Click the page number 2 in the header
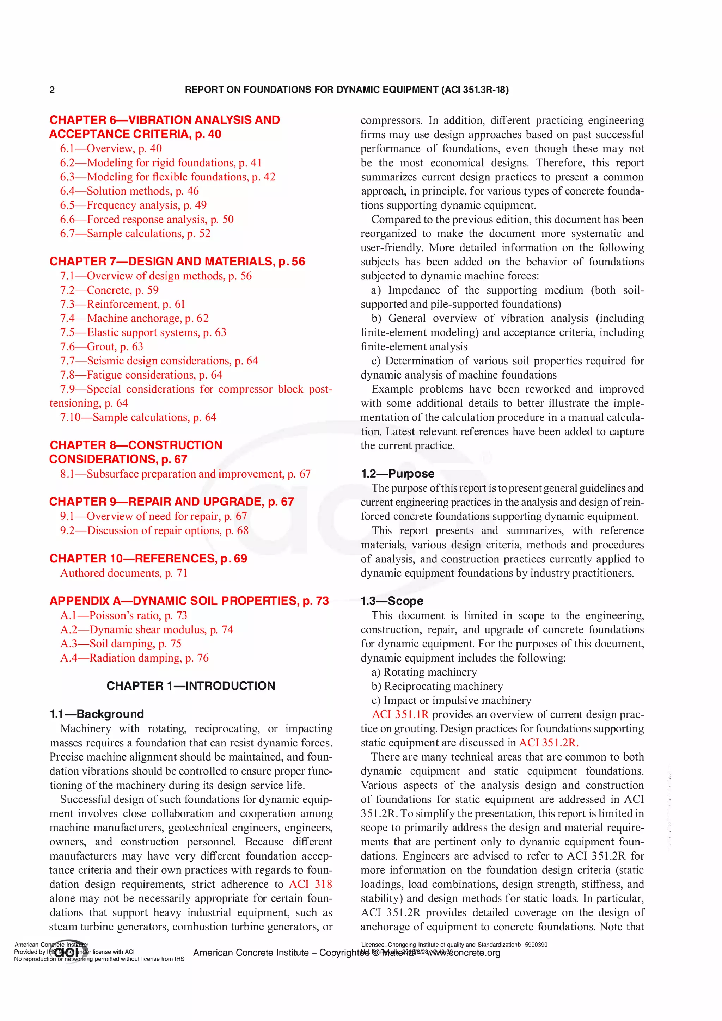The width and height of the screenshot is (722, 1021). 52,90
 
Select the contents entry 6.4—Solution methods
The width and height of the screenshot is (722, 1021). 129,191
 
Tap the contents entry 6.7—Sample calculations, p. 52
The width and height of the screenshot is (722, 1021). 135,233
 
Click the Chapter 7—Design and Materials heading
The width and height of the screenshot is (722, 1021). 177,262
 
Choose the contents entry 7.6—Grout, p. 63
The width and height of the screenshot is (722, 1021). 102,346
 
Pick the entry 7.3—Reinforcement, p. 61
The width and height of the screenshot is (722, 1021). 122,304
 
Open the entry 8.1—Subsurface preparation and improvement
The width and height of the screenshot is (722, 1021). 185,474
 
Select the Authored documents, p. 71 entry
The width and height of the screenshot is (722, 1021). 124,573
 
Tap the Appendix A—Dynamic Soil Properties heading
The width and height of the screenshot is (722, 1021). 189,601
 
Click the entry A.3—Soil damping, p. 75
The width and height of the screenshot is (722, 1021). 121,644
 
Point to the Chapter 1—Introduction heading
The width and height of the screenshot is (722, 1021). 191,686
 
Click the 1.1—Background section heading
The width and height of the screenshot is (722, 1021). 97,714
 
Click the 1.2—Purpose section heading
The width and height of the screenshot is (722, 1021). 397,474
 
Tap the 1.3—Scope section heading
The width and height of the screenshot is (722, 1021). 392,601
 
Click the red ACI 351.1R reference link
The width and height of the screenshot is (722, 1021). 400,715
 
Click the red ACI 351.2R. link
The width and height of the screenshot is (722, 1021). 549,743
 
